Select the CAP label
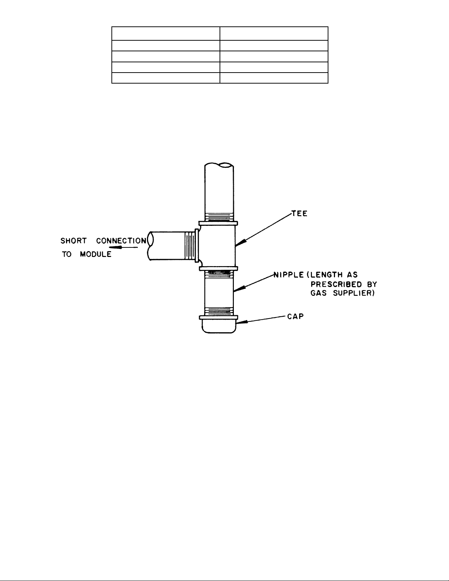tap(295, 316)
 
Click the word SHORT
tap(73, 241)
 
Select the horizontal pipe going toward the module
tap(167, 246)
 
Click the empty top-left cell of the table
tap(165, 33)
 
